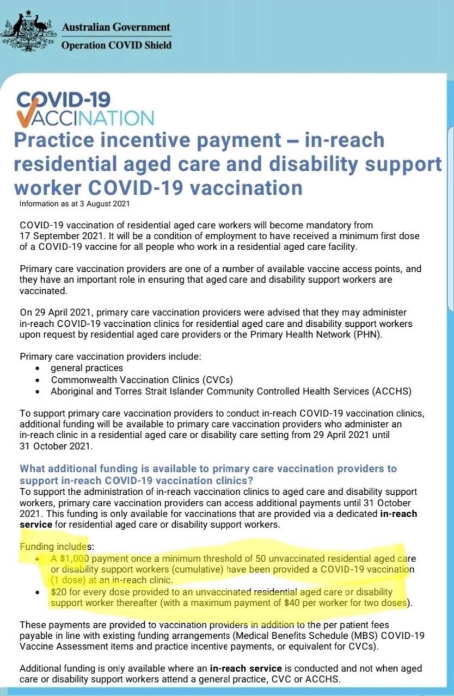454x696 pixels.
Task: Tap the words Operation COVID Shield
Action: pyautogui.click(x=116, y=45)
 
